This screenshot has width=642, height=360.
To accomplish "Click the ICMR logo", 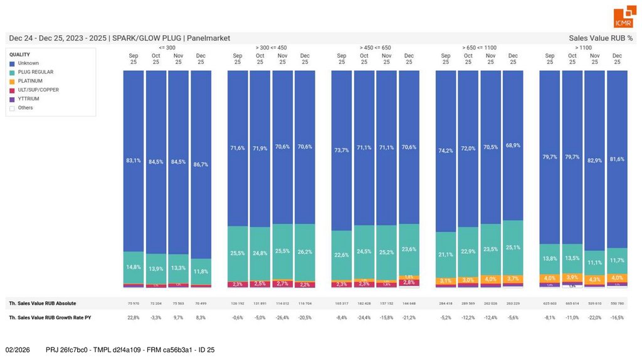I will point(623,18).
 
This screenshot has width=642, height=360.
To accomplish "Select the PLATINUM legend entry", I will point(31,81).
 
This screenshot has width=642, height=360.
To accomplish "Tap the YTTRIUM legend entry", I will point(29,99).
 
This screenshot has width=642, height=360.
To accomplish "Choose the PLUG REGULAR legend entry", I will point(35,72).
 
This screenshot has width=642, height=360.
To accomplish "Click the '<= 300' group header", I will point(167,48).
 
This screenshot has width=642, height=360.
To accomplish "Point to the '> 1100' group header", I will point(583,48).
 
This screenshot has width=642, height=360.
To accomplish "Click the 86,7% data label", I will point(201,164).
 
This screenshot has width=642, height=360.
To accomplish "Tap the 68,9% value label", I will point(513,145).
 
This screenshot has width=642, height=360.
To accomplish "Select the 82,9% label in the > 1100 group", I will point(594,161).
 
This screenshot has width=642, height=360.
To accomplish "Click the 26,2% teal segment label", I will point(305,251).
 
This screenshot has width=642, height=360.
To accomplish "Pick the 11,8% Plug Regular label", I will point(201,272).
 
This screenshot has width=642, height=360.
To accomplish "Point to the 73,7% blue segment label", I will point(342,151).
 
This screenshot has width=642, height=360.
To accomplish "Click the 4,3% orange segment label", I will point(594,280).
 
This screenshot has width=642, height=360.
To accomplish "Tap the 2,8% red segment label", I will point(409,283).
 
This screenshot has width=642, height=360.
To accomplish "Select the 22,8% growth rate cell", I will point(134,318).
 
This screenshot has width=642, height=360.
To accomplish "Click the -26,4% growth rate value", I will point(282,318).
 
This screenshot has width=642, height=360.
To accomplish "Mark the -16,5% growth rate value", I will point(617,318).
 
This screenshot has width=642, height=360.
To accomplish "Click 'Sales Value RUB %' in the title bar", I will point(601,38).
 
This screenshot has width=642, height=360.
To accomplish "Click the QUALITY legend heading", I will point(19,55).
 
